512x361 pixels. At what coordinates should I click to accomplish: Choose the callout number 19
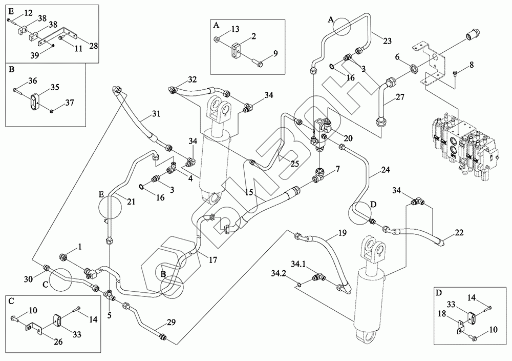(x=342, y=233)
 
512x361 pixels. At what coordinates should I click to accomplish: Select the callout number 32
(x=192, y=79)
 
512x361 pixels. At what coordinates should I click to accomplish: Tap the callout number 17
(x=212, y=260)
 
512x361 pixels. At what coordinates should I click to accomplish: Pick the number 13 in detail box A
(x=234, y=29)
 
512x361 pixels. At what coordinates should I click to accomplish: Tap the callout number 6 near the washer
(x=396, y=58)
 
